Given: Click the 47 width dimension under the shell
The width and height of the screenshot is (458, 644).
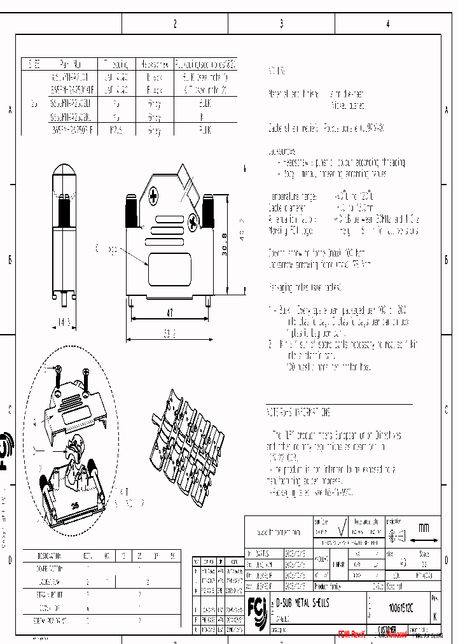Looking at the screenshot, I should coord(169,313).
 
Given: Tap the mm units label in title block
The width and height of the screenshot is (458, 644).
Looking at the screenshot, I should coord(423,528).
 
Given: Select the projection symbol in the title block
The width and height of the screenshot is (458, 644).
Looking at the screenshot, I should coord(395,536).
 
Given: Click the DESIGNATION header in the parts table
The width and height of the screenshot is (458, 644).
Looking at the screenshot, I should coord(49,555).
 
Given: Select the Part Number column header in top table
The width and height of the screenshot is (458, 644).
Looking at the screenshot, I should coord(69,65).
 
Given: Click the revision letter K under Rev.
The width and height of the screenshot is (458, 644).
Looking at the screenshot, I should coord(434,617).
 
